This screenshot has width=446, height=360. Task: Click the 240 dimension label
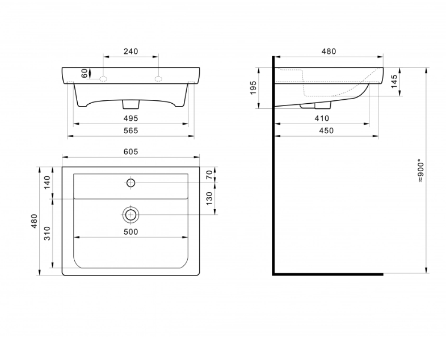click(131, 52)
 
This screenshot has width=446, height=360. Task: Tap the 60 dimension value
click(85, 73)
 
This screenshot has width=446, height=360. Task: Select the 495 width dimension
click(131, 118)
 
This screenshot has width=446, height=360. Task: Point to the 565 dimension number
click(131, 131)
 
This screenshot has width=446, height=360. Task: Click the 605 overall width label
click(131, 152)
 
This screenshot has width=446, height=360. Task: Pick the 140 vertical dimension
click(47, 183)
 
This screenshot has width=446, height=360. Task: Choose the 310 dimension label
click(47, 234)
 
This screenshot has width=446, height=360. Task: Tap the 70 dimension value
click(209, 175)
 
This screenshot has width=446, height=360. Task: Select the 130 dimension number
click(209, 198)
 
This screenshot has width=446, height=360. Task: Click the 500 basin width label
click(131, 232)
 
